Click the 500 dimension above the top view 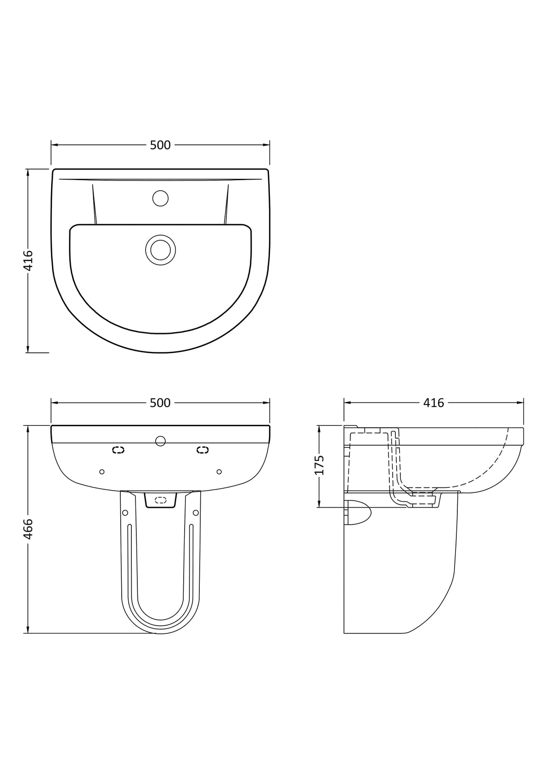[160, 145]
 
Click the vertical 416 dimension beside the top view [28, 260]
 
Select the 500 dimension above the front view [160, 403]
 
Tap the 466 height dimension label [28, 529]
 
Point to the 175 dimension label [319, 465]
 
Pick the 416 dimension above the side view [434, 403]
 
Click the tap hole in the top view [160, 198]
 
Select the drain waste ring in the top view [160, 250]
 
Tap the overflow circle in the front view [160, 441]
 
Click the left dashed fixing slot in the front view [118, 450]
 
